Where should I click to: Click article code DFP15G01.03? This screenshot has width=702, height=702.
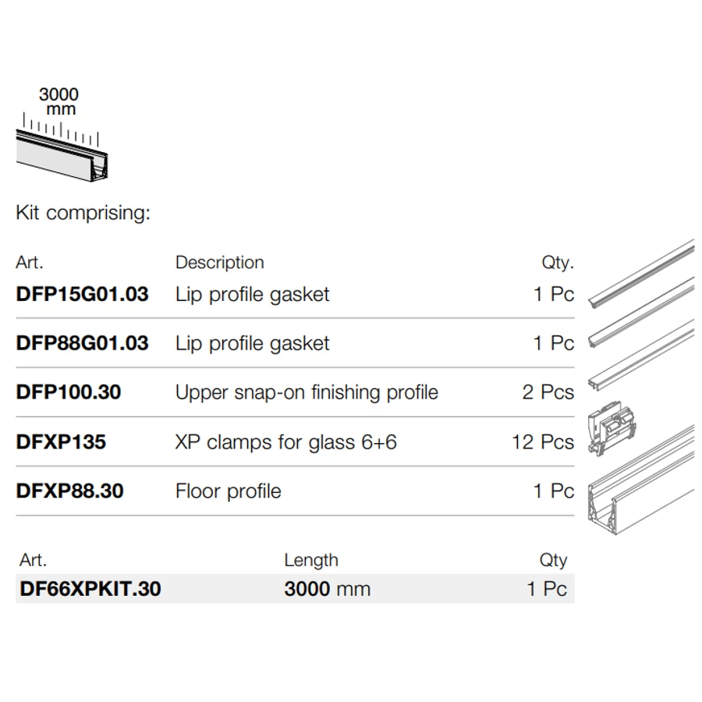click(x=82, y=294)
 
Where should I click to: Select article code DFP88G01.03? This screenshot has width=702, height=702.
click(x=82, y=343)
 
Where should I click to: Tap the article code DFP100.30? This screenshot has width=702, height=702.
click(x=69, y=392)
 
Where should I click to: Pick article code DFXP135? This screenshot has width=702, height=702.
click(x=61, y=442)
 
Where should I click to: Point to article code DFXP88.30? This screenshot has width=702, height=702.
click(x=70, y=491)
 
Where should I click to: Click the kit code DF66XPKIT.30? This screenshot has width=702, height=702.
click(x=90, y=589)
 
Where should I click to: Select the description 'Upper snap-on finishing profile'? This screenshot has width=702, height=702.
click(x=307, y=392)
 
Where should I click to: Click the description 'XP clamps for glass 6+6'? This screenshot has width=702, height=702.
click(x=286, y=442)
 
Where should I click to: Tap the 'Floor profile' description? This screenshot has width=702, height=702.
click(x=229, y=491)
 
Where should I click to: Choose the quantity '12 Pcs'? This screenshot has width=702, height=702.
click(x=543, y=442)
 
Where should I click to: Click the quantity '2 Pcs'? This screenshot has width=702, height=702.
click(x=548, y=392)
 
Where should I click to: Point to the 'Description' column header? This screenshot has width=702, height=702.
click(x=220, y=263)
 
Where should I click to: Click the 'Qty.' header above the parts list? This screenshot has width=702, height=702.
click(x=558, y=262)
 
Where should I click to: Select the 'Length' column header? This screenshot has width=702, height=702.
click(x=311, y=561)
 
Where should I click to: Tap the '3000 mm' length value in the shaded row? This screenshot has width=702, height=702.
click(x=328, y=589)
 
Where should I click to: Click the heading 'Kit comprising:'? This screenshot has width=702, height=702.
click(x=83, y=213)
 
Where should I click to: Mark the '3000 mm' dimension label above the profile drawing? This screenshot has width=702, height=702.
click(x=58, y=101)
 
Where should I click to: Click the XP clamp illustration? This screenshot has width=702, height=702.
click(x=612, y=428)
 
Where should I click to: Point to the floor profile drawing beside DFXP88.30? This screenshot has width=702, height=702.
click(x=641, y=481)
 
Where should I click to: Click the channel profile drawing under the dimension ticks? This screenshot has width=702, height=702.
click(x=62, y=155)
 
